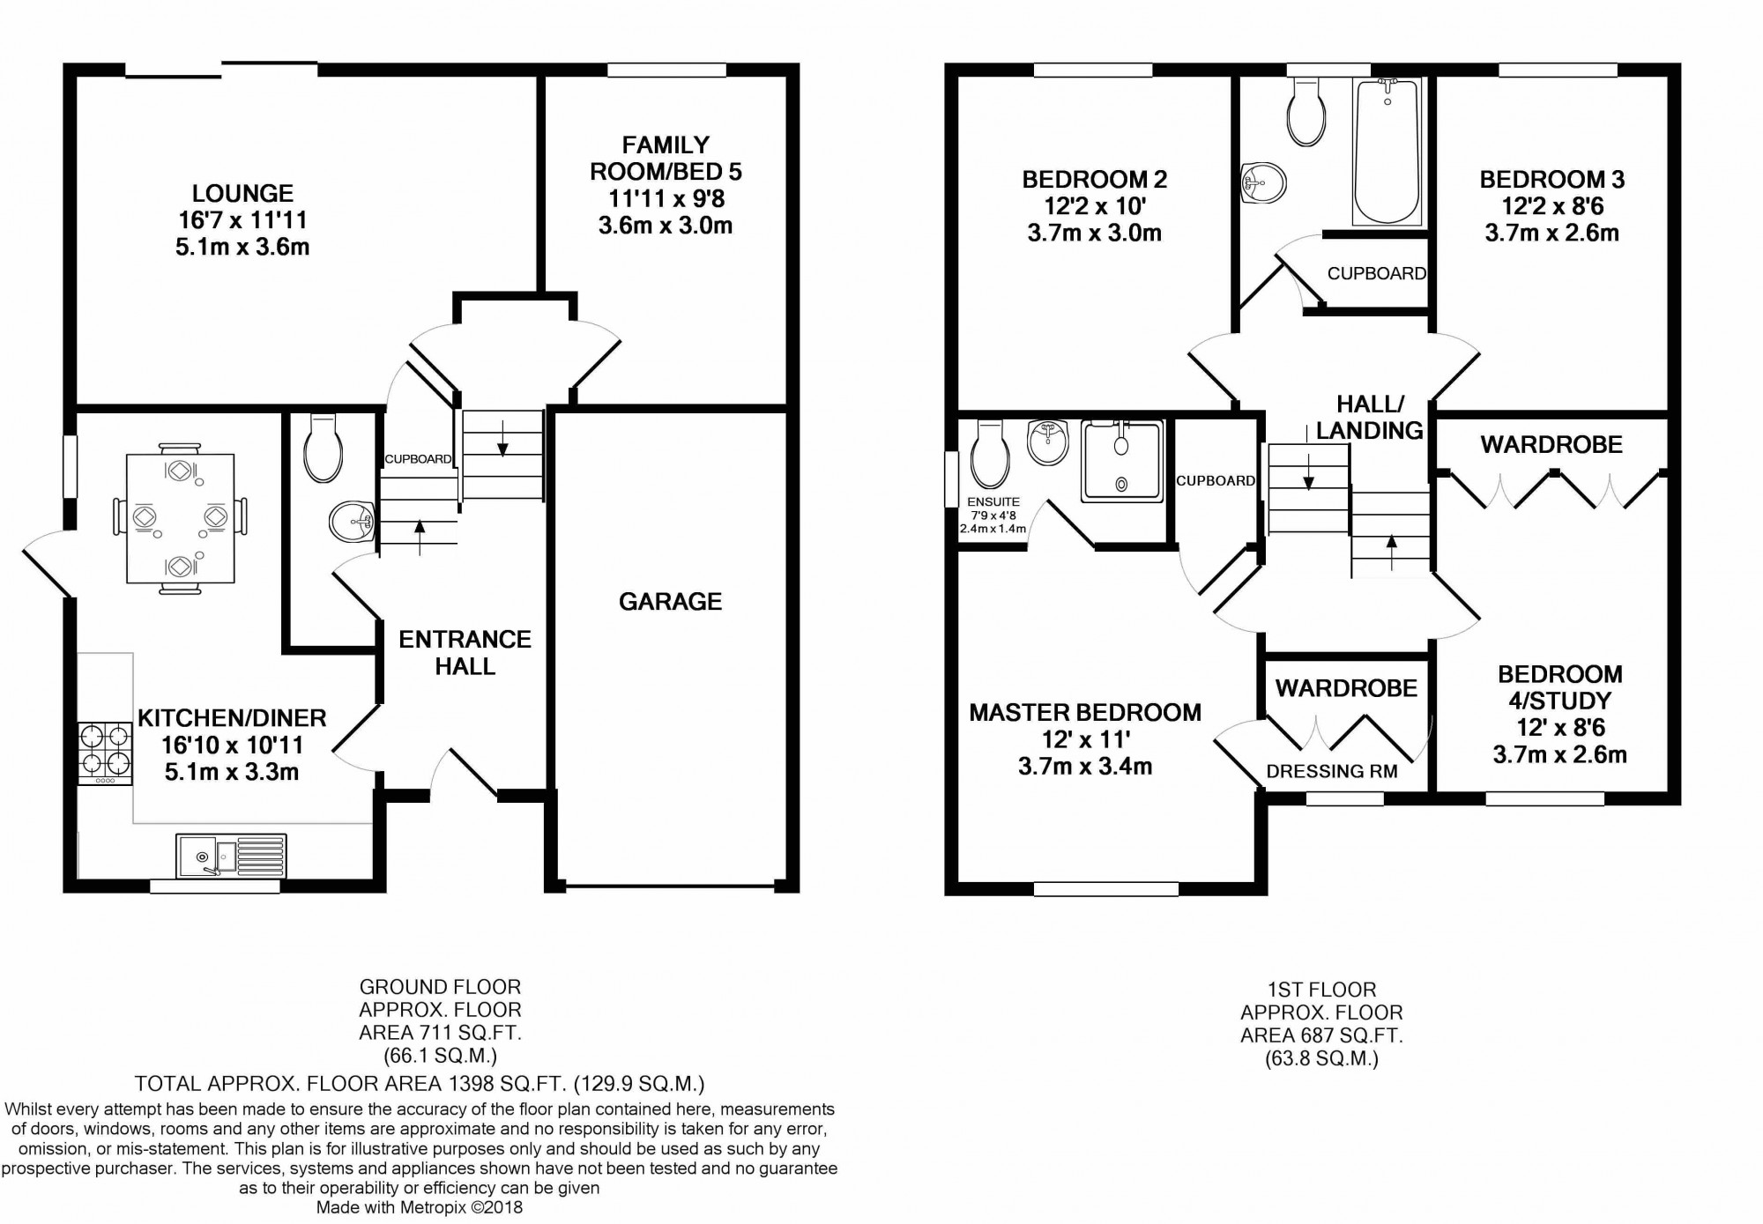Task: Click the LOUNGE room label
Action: (x=242, y=193)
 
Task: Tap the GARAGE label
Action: (x=670, y=601)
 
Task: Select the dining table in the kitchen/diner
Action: (x=181, y=518)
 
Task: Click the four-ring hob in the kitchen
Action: (x=106, y=753)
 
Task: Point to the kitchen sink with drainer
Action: (x=231, y=856)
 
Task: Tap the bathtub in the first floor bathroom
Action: (x=1387, y=150)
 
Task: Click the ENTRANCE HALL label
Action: (x=465, y=652)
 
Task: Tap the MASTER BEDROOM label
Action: (x=1085, y=712)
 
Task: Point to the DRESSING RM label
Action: (x=1332, y=771)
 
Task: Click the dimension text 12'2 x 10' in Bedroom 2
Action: (x=1095, y=206)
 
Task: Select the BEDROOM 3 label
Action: (x=1552, y=180)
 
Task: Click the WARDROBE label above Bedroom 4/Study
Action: (x=1551, y=444)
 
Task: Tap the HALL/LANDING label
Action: (x=1370, y=417)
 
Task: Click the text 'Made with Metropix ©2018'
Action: (x=420, y=1207)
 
